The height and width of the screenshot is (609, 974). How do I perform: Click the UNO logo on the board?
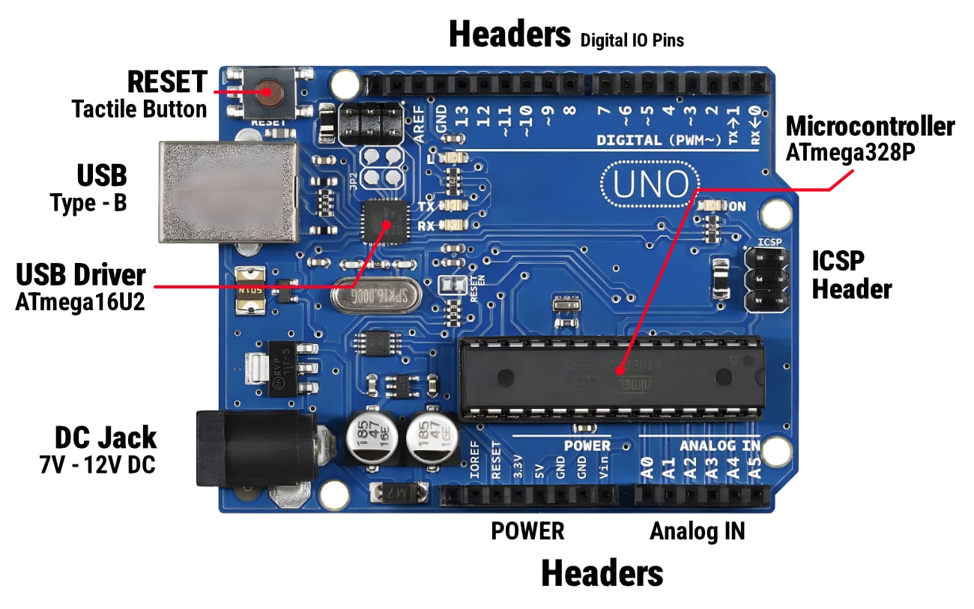[650, 184]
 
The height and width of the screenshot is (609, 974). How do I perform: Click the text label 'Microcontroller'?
[869, 127]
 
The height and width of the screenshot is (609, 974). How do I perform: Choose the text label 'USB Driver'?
[81, 275]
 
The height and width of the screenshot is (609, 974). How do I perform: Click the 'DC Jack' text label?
[106, 437]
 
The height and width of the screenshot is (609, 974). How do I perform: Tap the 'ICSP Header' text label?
[852, 274]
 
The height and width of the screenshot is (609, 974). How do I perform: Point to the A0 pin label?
[647, 470]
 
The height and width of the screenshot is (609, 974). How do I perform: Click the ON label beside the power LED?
[737, 206]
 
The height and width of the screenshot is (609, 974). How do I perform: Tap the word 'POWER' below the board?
[527, 531]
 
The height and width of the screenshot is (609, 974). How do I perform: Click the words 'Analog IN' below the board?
[697, 531]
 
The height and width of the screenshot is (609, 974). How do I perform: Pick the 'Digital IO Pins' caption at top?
[632, 40]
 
